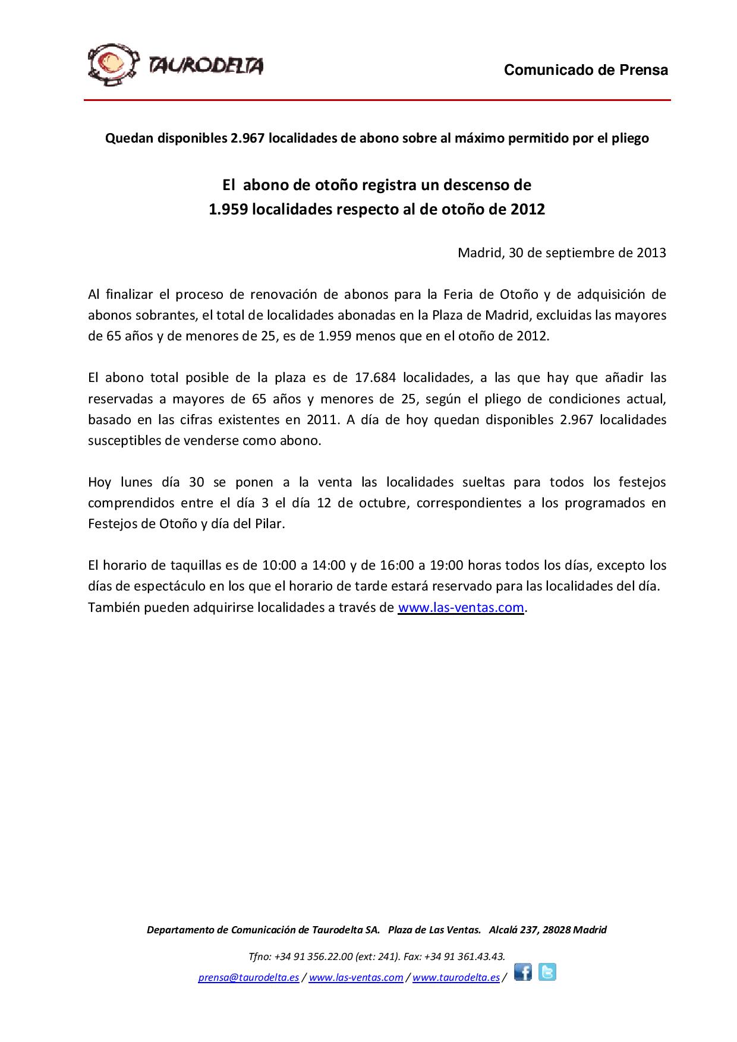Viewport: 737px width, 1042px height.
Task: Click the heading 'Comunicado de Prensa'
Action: pyautogui.click(x=586, y=70)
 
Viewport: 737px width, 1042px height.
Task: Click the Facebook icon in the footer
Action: pyautogui.click(x=523, y=972)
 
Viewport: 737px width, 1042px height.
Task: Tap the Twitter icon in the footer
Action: pyautogui.click(x=547, y=972)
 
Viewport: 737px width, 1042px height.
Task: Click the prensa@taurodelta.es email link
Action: pyautogui.click(x=248, y=978)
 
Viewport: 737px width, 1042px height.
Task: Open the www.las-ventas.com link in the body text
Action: pyautogui.click(x=461, y=607)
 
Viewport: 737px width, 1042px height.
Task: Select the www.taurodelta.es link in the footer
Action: pyautogui.click(x=456, y=978)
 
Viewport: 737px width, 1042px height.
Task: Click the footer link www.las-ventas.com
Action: pyautogui.click(x=356, y=978)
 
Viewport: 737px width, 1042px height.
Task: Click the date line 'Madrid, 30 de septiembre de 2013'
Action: pyautogui.click(x=562, y=252)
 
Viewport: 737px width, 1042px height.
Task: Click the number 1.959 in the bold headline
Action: pyautogui.click(x=228, y=210)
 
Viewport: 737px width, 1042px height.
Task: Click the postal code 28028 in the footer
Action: pyautogui.click(x=558, y=930)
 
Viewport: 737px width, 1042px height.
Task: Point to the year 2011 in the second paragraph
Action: pyautogui.click(x=319, y=419)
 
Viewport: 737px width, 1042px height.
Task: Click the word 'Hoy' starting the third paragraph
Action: pyautogui.click(x=99, y=482)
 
